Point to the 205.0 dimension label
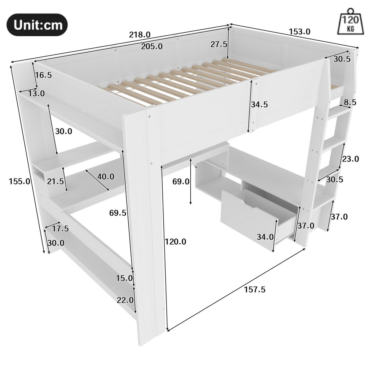click(x=152, y=46)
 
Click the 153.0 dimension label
click(x=299, y=32)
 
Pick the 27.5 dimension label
click(x=219, y=44)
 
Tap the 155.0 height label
click(x=20, y=181)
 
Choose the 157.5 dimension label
click(x=255, y=290)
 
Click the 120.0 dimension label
click(x=175, y=241)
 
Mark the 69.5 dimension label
click(x=118, y=213)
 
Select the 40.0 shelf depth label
click(x=106, y=177)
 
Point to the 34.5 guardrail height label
click(x=259, y=104)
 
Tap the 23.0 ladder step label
click(x=351, y=159)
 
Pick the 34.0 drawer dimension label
click(x=265, y=237)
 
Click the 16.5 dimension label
click(x=43, y=75)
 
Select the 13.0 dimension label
click(x=37, y=93)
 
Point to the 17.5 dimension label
click(x=60, y=229)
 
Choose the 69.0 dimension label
click(x=181, y=181)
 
